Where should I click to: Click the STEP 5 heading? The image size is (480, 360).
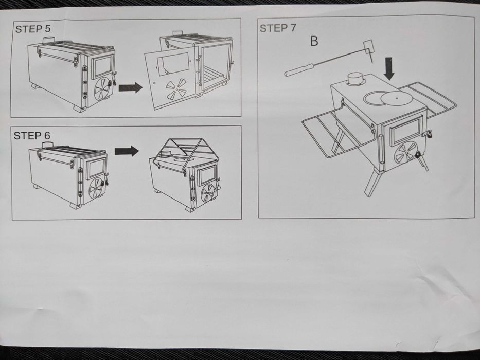[33, 29]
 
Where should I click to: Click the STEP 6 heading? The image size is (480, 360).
[32, 136]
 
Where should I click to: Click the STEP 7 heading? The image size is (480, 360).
[278, 28]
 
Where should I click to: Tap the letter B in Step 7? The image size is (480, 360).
[314, 41]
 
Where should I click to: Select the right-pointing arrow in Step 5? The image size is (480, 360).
[131, 88]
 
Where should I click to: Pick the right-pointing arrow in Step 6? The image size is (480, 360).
[127, 151]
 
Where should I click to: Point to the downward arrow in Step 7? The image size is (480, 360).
[389, 69]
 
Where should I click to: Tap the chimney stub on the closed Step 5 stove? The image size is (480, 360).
[48, 40]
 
